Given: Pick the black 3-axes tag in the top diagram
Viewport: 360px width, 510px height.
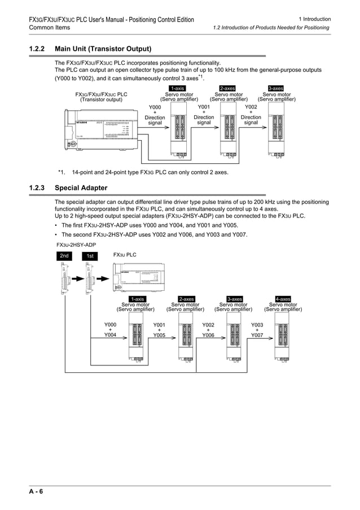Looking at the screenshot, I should click(x=276, y=88).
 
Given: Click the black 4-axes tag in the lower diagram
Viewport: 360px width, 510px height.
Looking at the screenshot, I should click(x=283, y=299).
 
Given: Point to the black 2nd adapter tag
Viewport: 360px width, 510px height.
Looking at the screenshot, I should click(x=65, y=256).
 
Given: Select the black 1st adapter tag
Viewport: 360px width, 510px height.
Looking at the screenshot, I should click(x=90, y=256).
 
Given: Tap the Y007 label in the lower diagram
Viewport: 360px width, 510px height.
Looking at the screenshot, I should click(x=257, y=335).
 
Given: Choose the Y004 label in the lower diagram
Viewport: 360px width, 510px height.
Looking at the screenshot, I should click(x=110, y=335).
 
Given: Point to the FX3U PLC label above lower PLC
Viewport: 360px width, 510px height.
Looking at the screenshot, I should click(x=125, y=255).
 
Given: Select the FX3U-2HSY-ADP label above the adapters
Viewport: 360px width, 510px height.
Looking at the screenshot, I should click(x=76, y=245).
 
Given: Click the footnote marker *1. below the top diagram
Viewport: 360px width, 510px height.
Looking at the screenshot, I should click(x=62, y=172).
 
